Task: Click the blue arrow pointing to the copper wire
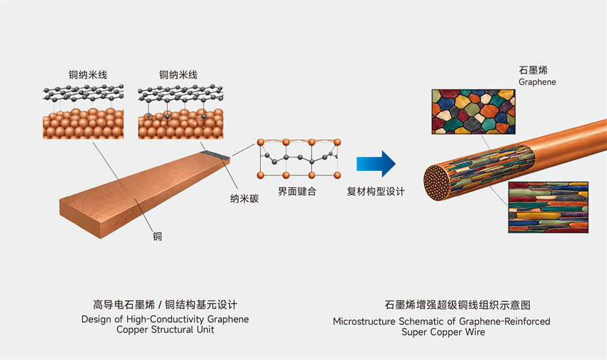(376, 164)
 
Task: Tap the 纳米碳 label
(244, 199)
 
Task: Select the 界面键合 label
(297, 191)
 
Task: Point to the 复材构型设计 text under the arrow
(376, 191)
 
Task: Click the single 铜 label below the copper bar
(157, 236)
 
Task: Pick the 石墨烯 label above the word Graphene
(533, 70)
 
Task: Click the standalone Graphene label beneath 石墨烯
(537, 82)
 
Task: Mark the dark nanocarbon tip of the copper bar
(216, 154)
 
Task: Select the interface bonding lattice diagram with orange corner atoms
(299, 159)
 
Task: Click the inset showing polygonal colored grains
(473, 112)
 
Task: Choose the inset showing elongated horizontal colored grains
(548, 207)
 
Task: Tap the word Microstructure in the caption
(364, 321)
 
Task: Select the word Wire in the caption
(474, 331)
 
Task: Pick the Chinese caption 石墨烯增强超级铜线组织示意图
(457, 305)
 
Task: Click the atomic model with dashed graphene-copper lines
(84, 111)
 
